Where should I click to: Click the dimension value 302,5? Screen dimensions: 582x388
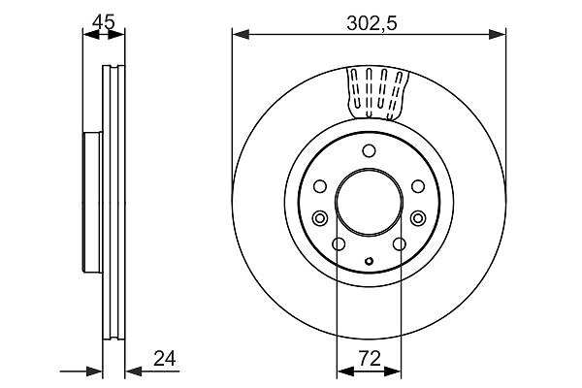pyautogui.click(x=372, y=23)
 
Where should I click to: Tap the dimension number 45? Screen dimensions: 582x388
pyautogui.click(x=104, y=22)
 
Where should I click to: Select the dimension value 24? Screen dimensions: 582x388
pyautogui.click(x=165, y=359)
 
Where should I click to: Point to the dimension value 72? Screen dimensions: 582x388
pyautogui.click(x=370, y=359)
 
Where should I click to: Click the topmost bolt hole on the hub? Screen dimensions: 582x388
pyautogui.click(x=369, y=150)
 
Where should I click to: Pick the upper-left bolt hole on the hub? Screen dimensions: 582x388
pyautogui.click(x=319, y=186)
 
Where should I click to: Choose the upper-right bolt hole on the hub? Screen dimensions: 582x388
pyautogui.click(x=418, y=186)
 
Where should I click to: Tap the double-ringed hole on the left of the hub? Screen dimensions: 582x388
pyautogui.click(x=319, y=217)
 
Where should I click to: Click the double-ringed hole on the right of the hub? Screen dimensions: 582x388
pyautogui.click(x=418, y=217)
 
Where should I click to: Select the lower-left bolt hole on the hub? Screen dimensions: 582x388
pyautogui.click(x=339, y=243)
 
